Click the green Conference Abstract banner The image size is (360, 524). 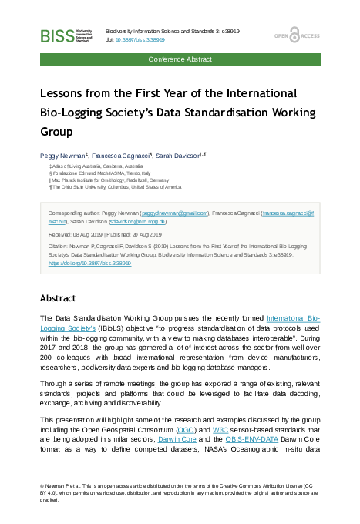click(x=180, y=59)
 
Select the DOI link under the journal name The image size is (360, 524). click(x=141, y=39)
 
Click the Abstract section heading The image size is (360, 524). click(x=58, y=297)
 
